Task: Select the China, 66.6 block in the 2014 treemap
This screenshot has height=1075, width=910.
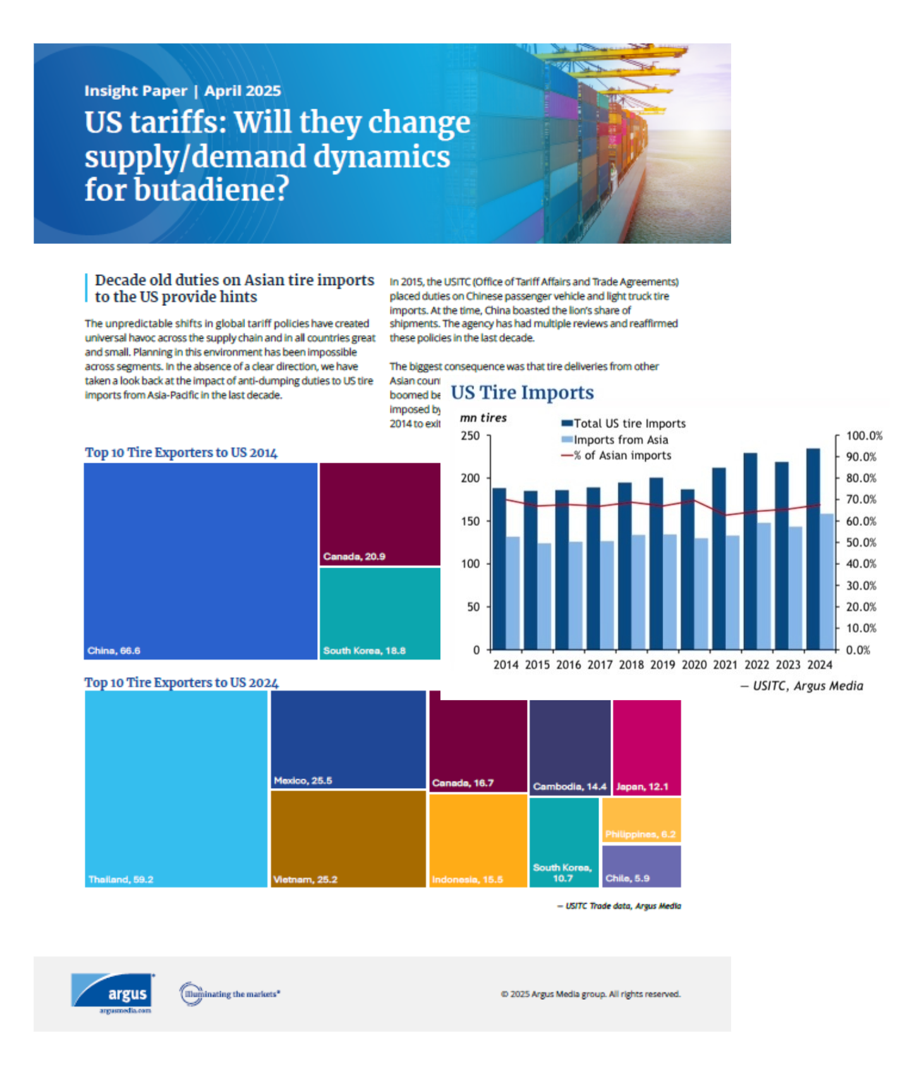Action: [200, 561]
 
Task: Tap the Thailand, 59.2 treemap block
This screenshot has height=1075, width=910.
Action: [176, 789]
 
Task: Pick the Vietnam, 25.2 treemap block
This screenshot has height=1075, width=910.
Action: [348, 839]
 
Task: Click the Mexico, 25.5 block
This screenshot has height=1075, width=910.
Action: [348, 739]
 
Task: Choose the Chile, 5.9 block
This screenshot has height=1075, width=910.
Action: [641, 866]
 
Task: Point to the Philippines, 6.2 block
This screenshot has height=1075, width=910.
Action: [641, 820]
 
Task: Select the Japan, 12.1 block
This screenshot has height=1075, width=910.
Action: [647, 748]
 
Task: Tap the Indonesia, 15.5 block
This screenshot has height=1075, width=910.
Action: [478, 841]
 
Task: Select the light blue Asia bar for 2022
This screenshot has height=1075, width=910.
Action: [764, 586]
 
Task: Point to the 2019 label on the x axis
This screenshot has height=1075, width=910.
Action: [662, 665]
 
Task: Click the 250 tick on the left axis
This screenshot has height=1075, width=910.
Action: [470, 435]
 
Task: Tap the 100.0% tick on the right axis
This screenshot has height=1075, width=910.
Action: [864, 435]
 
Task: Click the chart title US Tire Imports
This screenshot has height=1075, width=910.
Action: [522, 392]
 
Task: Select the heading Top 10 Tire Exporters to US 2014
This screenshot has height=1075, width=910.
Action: [181, 452]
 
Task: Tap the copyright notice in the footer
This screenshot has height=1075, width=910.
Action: [590, 994]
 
